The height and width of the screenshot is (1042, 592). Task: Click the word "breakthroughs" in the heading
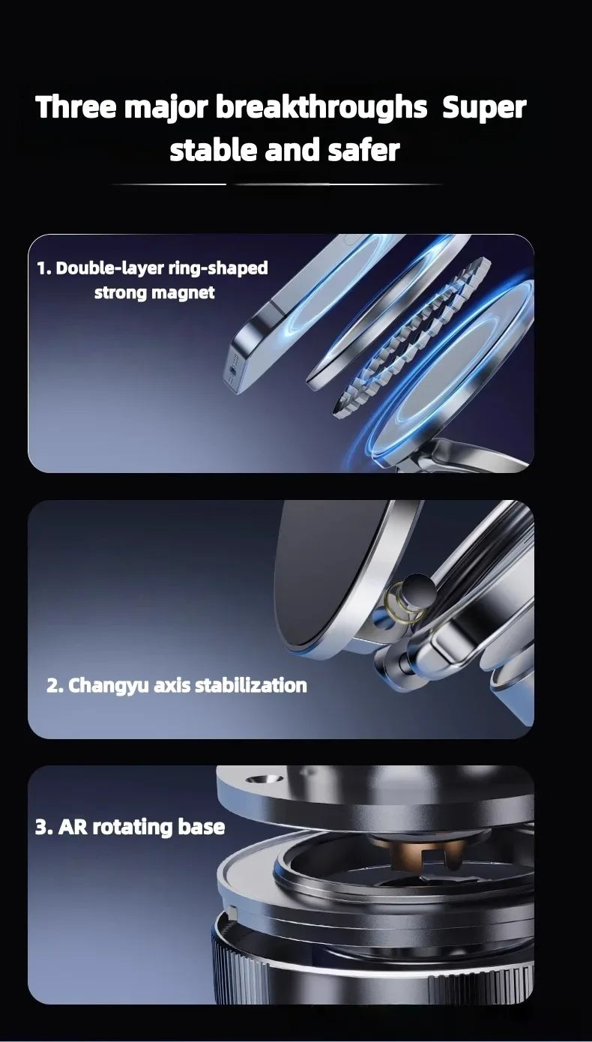pyautogui.click(x=321, y=108)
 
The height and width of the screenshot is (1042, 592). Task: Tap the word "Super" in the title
pyautogui.click(x=484, y=108)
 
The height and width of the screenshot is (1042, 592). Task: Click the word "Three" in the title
pyautogui.click(x=76, y=108)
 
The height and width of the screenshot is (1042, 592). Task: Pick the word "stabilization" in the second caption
pyautogui.click(x=251, y=685)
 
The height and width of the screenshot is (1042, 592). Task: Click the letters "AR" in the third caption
pyautogui.click(x=73, y=827)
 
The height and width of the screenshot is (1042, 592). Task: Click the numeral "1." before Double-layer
pyautogui.click(x=44, y=268)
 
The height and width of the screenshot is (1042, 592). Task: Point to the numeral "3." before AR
pyautogui.click(x=43, y=827)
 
